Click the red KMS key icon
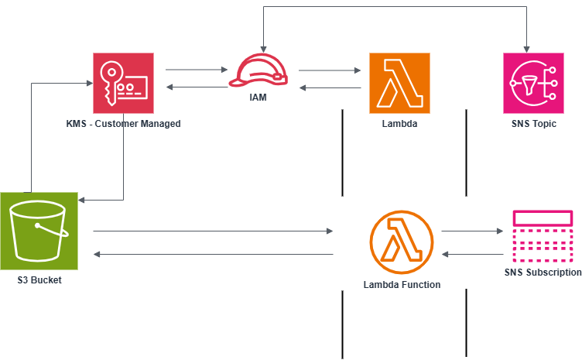[124, 84]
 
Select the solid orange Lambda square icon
[399, 84]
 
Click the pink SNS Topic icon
[533, 84]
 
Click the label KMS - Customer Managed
[124, 124]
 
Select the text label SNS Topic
[533, 124]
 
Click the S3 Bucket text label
[39, 279]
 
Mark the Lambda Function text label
[402, 285]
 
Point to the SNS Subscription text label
[543, 273]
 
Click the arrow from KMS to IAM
[197, 70]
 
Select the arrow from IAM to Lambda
[330, 71]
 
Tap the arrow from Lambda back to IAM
[330, 88]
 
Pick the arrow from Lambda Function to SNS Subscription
[472, 231]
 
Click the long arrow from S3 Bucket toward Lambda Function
[213, 231]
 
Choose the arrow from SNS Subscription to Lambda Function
[472, 254]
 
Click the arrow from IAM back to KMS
[197, 87]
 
